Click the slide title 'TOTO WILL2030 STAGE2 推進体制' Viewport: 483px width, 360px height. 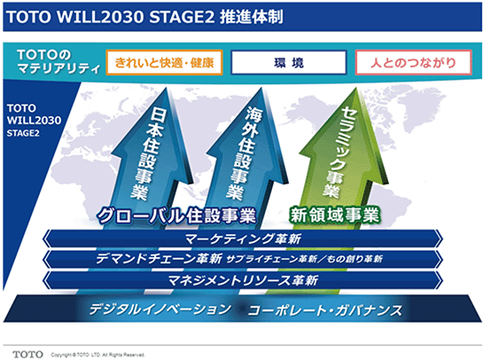[144, 17]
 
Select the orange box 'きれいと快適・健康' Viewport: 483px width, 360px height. [165, 63]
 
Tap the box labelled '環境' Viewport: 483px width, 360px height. [289, 63]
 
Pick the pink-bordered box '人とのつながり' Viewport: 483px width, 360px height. [413, 63]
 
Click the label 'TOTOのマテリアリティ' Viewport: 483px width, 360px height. [58, 62]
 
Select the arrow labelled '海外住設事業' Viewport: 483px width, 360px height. [246, 157]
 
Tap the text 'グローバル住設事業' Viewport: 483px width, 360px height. [176, 215]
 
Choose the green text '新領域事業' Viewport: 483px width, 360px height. [334, 215]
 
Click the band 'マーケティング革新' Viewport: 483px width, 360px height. [243, 239]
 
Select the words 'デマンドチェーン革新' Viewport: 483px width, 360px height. [159, 259]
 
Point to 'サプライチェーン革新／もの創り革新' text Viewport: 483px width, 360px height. [304, 259]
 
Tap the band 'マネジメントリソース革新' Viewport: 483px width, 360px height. [243, 280]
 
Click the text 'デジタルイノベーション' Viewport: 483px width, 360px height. [160, 309]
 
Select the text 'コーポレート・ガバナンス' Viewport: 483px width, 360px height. [325, 310]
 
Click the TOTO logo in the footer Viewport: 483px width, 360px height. [27, 355]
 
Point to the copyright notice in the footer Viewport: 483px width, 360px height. [97, 355]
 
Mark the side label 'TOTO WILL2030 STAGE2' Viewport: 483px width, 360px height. [34, 121]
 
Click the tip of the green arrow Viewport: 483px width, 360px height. [356, 88]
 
